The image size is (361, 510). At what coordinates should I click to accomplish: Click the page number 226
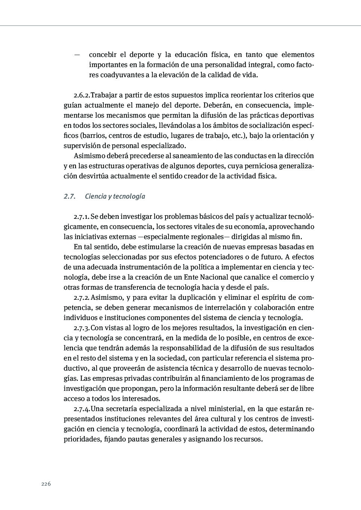point(46,484)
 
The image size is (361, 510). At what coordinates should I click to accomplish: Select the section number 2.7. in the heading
point(70,196)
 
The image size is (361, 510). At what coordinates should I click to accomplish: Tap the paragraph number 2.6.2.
point(82,95)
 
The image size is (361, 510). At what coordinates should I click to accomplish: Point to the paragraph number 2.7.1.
point(82,217)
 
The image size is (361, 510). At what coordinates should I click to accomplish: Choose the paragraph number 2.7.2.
point(82,298)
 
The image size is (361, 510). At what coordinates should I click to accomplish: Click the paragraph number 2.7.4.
point(82,409)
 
